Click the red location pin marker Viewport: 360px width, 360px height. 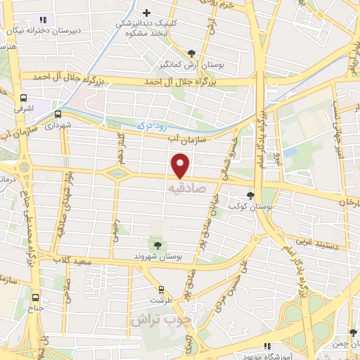tap(181, 165)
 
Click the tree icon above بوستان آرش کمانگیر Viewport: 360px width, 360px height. tap(191, 53)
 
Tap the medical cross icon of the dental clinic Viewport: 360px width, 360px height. tap(146, 13)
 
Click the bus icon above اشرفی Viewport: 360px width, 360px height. tap(24, 98)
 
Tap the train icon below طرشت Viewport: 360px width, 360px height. tap(162, 289)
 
